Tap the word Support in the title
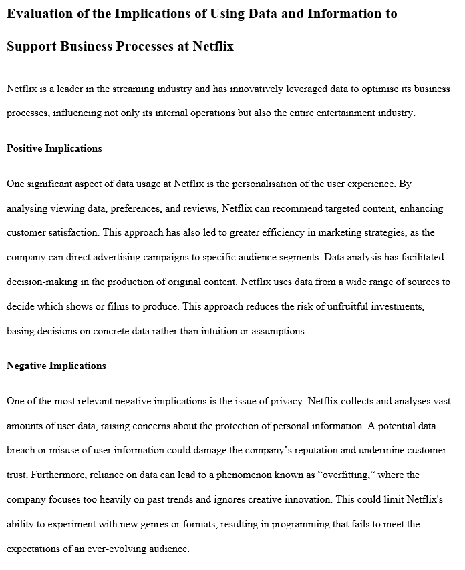pyautogui.click(x=31, y=47)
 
